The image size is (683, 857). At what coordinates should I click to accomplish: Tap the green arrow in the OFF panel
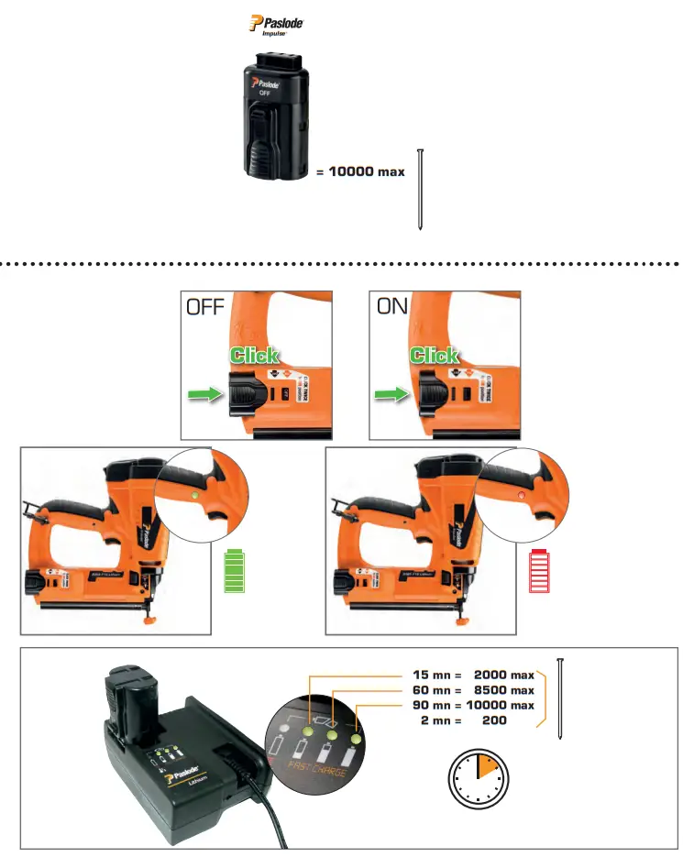point(205,396)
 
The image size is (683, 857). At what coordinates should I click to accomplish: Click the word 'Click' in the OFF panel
point(254,355)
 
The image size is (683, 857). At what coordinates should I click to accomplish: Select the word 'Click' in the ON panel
point(435,355)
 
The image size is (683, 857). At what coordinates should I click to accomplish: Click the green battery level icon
point(237,572)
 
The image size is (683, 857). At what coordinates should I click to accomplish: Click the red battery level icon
point(542,572)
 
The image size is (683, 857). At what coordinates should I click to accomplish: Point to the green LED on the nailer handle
point(194,496)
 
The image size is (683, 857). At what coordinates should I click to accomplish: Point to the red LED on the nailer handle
point(521,495)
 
